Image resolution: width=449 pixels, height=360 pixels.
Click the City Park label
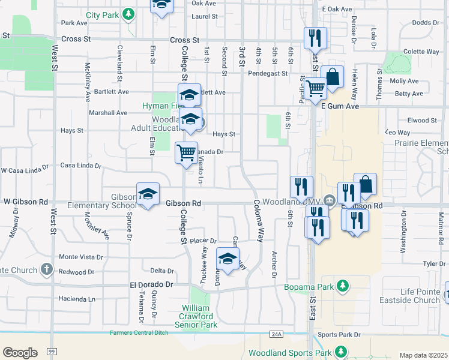pos(102,14)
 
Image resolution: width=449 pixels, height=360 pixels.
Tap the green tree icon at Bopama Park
pos(342,286)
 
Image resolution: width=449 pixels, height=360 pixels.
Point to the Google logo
pos(20,353)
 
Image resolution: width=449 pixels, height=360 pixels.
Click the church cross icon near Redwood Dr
pos(47,269)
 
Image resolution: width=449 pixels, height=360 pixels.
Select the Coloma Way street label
pos(258,220)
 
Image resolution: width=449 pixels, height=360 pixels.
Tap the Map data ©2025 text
pos(423,355)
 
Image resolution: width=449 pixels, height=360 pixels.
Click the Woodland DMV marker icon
pos(330,200)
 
